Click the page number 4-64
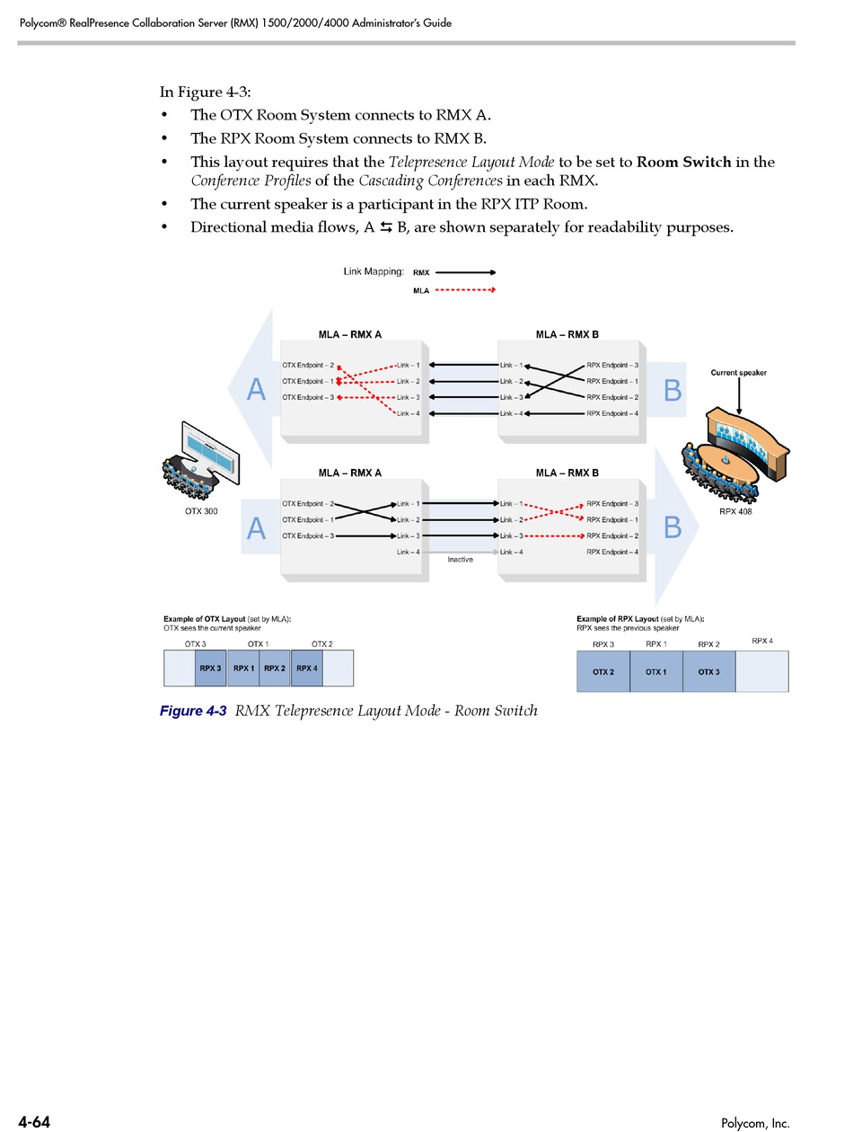point(34,1121)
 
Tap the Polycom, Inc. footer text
point(755,1123)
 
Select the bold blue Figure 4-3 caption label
point(193,711)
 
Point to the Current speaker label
point(738,373)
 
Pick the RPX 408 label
point(734,511)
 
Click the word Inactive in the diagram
point(460,559)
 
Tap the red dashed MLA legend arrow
point(465,290)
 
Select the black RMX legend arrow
point(465,271)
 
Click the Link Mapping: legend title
point(374,271)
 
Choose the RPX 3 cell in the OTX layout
point(210,668)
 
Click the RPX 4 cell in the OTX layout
point(307,668)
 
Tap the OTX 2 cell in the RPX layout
point(602,672)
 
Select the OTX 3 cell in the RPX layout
point(708,672)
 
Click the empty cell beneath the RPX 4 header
point(761,671)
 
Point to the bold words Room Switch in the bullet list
point(682,162)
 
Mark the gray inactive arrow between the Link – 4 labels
point(460,552)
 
